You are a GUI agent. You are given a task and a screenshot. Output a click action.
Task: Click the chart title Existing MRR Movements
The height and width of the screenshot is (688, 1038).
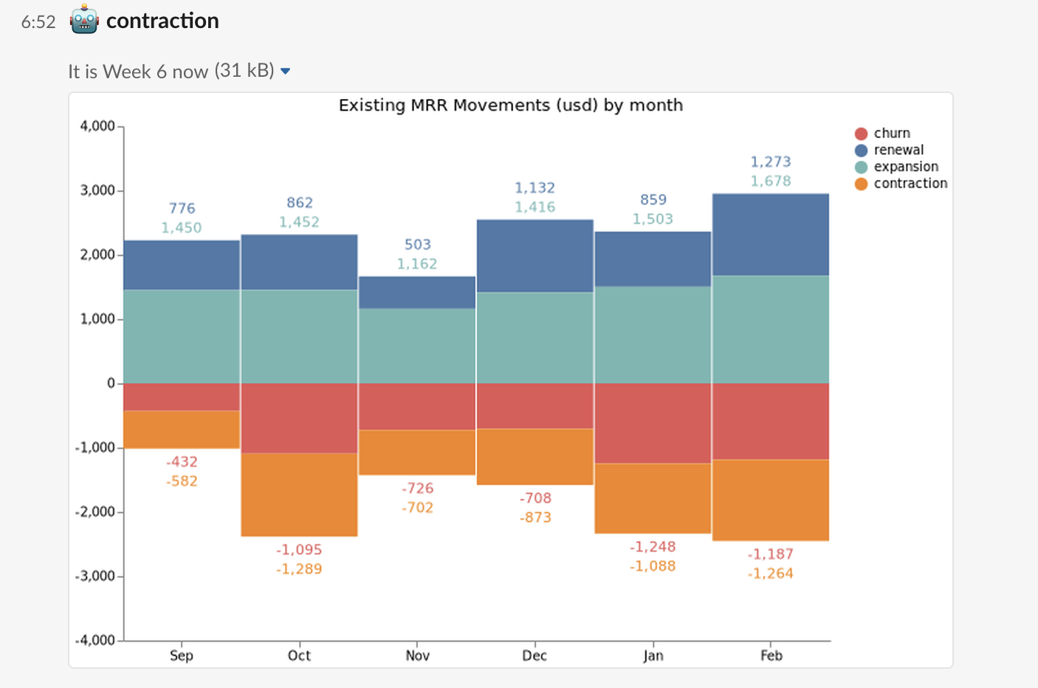click(x=510, y=106)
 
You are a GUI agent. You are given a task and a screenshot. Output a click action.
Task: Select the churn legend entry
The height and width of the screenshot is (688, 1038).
click(x=892, y=133)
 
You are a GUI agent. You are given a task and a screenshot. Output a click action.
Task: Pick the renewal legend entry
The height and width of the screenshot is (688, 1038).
click(x=898, y=150)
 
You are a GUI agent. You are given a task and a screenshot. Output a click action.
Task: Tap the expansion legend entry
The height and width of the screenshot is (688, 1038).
click(x=905, y=167)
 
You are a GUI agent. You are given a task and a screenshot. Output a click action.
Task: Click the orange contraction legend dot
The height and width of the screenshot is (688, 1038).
click(x=861, y=184)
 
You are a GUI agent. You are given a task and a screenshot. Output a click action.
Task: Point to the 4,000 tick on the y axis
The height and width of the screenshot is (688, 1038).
click(x=97, y=126)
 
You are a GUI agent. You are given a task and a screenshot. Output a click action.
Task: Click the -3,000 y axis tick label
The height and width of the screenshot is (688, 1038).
click(x=95, y=576)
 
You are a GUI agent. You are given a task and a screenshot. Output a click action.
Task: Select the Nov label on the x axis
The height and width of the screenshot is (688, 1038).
click(x=417, y=656)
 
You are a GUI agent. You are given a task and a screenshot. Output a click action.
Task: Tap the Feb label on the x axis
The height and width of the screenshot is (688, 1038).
click(x=771, y=656)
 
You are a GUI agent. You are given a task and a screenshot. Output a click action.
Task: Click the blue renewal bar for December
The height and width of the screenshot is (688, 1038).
click(x=535, y=256)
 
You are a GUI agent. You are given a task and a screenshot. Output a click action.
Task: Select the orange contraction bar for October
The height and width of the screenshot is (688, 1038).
click(x=299, y=495)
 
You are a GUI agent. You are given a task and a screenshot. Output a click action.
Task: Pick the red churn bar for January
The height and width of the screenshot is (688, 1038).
click(x=653, y=423)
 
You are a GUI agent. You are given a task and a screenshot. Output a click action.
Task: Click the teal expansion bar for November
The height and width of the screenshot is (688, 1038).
click(x=417, y=345)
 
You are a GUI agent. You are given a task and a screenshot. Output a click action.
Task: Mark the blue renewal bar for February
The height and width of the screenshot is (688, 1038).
click(x=771, y=235)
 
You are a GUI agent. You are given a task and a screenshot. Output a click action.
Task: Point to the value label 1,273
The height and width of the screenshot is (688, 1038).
click(x=771, y=162)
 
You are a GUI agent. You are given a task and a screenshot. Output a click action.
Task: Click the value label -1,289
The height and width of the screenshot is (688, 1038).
click(x=299, y=569)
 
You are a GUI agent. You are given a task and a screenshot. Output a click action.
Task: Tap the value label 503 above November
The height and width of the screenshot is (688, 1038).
click(x=417, y=244)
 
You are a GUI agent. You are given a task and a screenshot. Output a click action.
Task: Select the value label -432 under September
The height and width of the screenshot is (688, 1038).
click(x=182, y=462)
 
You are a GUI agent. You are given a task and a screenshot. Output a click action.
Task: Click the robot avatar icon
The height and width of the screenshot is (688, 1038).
click(x=84, y=20)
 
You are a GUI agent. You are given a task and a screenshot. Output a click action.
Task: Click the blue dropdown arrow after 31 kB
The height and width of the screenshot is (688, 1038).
click(x=286, y=72)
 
